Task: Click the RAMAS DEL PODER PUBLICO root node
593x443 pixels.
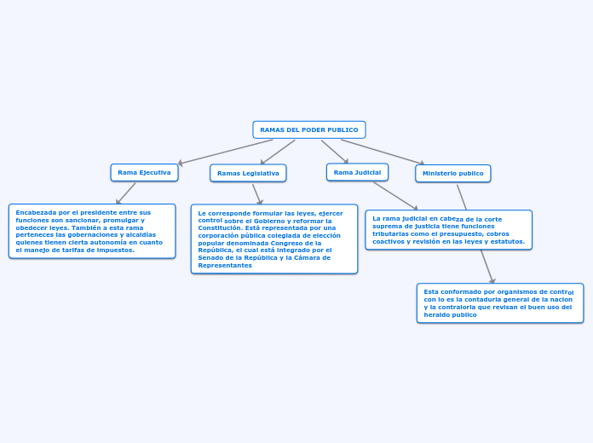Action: click(308, 129)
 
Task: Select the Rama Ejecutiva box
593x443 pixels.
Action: click(144, 172)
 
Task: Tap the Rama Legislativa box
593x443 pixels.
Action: click(248, 173)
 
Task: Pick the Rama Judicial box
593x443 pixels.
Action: click(357, 172)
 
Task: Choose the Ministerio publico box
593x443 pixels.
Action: click(452, 173)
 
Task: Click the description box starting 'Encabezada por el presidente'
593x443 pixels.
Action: click(92, 231)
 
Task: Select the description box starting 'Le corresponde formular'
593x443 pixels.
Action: click(273, 239)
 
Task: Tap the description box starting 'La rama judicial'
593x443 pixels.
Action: click(448, 230)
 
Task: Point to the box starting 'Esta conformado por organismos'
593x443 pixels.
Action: click(499, 303)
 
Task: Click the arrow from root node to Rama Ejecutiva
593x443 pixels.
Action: click(226, 152)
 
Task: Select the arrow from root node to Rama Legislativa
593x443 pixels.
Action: click(278, 152)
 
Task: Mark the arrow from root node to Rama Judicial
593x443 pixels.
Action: click(335, 151)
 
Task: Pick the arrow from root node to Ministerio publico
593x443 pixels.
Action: click(383, 152)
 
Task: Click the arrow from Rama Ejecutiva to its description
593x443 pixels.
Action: click(126, 193)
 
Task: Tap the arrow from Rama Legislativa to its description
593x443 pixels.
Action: click(256, 193)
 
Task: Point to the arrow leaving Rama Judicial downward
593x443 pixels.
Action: click(395, 195)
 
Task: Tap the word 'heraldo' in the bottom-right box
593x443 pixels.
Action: click(438, 314)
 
